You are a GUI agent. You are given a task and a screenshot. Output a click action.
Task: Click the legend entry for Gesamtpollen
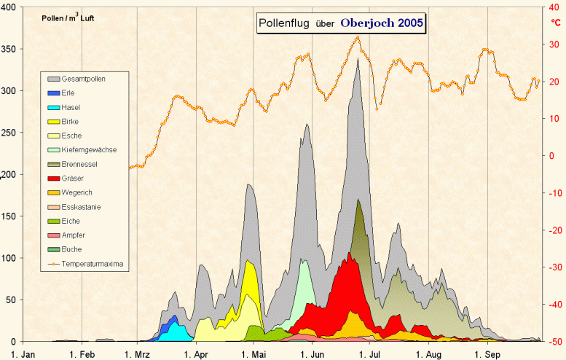tap(82, 79)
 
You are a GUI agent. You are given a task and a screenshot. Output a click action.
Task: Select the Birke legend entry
tap(71, 121)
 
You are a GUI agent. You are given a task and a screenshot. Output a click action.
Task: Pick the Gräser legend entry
tap(73, 179)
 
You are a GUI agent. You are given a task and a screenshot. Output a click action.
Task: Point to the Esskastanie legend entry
tap(81, 207)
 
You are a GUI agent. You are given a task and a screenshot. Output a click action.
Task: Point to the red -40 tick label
tap(553, 305)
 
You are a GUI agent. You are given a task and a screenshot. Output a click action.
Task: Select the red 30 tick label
tap(553, 44)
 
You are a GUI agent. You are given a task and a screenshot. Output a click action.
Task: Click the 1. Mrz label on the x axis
tap(137, 354)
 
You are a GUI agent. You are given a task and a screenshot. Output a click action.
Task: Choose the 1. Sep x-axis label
tap(489, 354)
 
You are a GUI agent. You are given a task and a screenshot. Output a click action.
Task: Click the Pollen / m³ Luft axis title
tap(68, 17)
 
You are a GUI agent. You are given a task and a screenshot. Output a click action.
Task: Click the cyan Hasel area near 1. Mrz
tap(173, 332)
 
